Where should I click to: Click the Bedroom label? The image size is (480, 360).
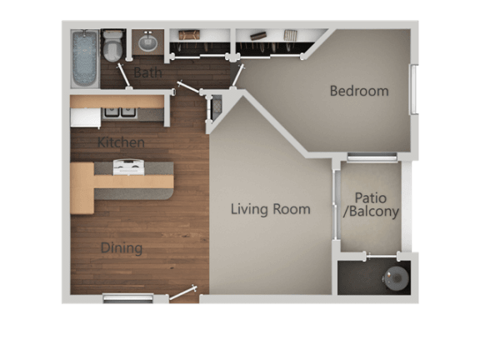(x=359, y=91)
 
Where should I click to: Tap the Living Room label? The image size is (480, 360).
(x=270, y=209)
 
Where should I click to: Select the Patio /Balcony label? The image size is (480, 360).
(x=371, y=205)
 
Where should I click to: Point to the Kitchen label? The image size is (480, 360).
(x=121, y=142)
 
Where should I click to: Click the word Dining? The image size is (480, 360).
(x=122, y=248)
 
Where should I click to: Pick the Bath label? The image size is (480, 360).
(x=147, y=72)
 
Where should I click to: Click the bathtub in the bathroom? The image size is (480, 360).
(x=85, y=58)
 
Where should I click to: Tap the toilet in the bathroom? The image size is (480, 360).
(x=112, y=46)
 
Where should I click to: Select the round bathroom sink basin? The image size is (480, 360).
(x=147, y=42)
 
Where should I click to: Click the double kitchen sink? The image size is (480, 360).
(x=120, y=112)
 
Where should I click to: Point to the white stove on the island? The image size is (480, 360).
(x=128, y=167)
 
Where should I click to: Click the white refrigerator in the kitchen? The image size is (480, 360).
(x=86, y=117)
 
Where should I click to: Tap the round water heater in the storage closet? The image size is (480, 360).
(x=396, y=278)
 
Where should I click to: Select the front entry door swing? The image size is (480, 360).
(x=183, y=293)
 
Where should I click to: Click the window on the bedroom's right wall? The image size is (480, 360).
(x=414, y=89)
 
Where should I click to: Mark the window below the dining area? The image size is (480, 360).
(x=128, y=298)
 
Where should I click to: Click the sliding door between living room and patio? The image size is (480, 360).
(x=336, y=205)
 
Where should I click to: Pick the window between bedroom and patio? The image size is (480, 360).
(x=372, y=157)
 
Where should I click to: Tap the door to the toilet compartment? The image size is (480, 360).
(x=124, y=76)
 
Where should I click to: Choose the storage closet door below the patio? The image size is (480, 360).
(x=382, y=256)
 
